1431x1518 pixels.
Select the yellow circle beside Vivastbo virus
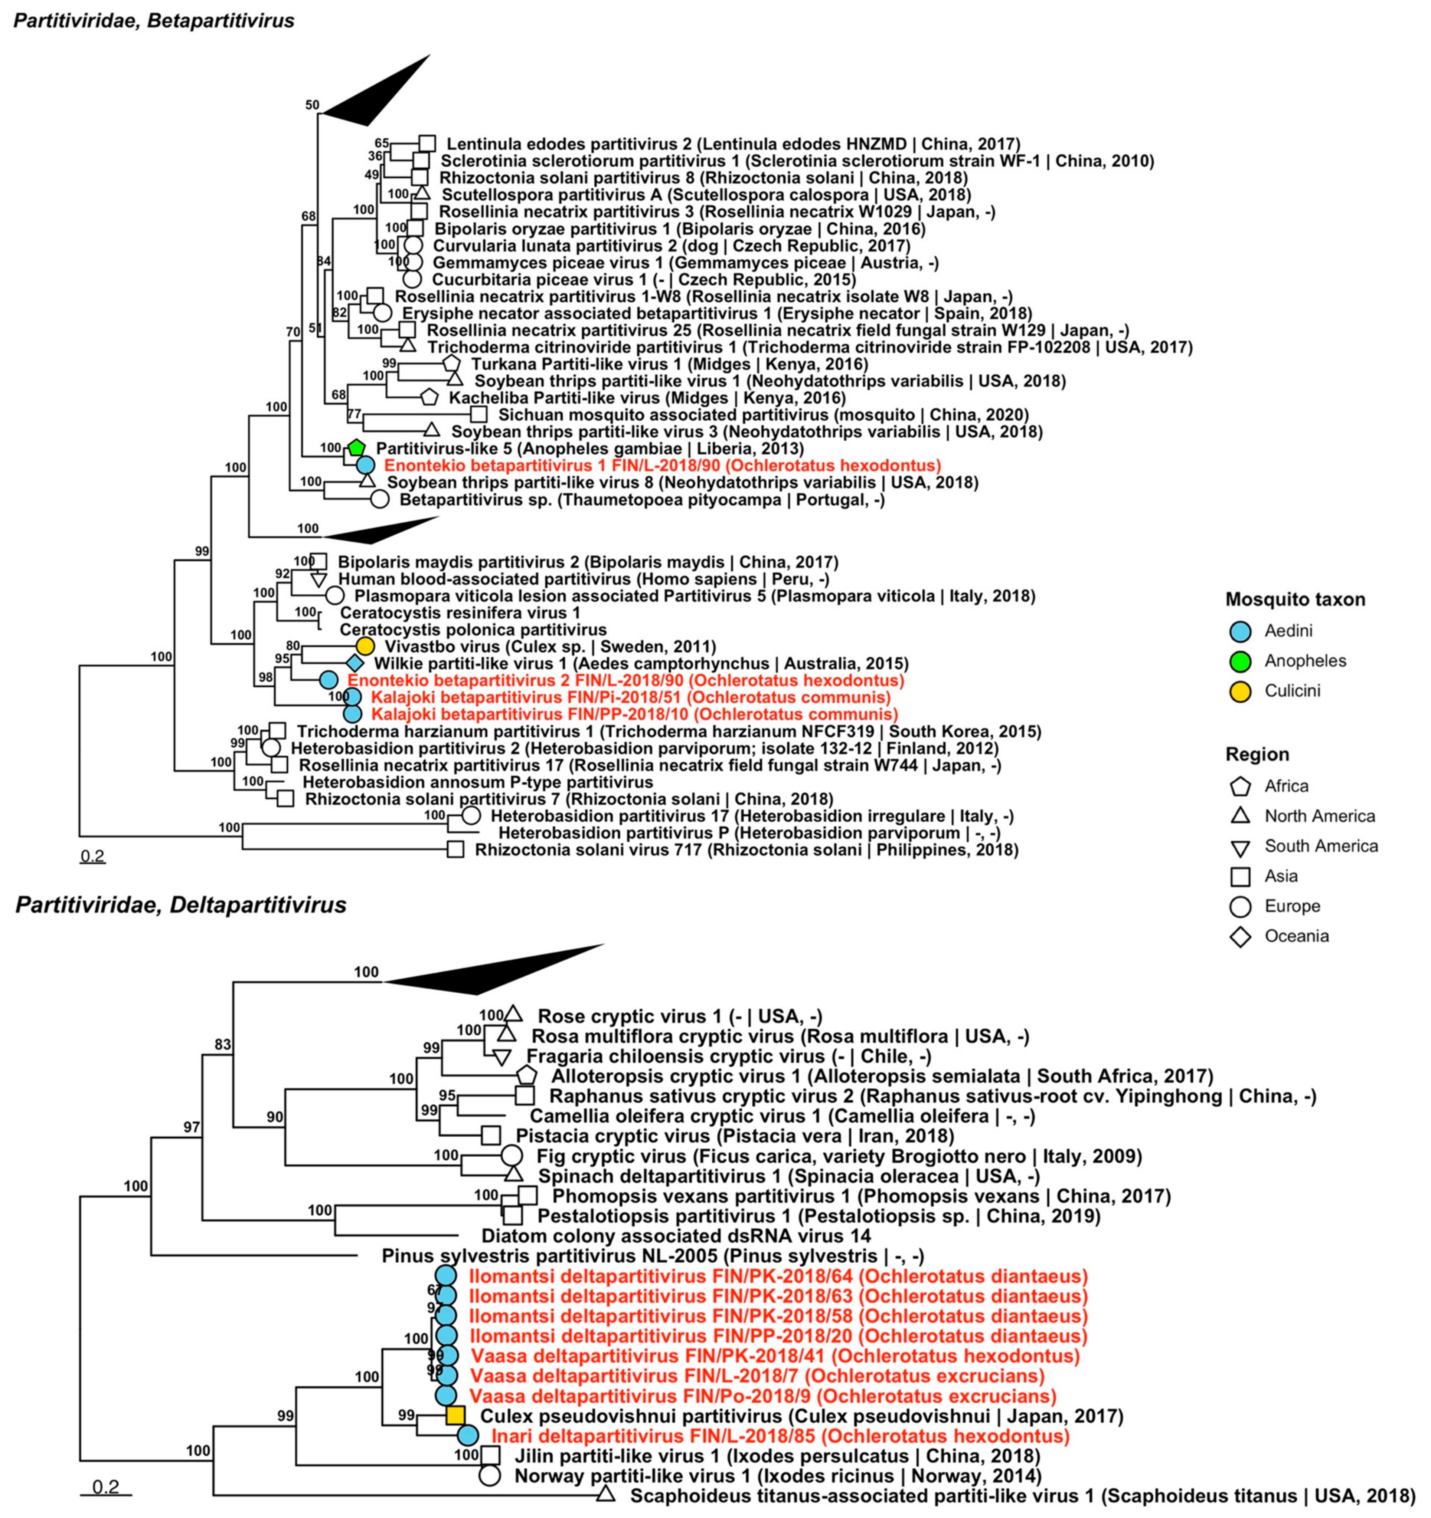click(365, 646)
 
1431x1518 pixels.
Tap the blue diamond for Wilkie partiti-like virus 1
click(354, 663)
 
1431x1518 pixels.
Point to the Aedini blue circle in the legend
click(1240, 631)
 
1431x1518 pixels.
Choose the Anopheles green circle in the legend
click(1240, 660)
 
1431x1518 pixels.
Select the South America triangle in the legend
click(1240, 847)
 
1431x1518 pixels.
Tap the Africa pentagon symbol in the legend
click(1240, 786)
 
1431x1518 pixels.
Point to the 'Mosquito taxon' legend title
click(1295, 599)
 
